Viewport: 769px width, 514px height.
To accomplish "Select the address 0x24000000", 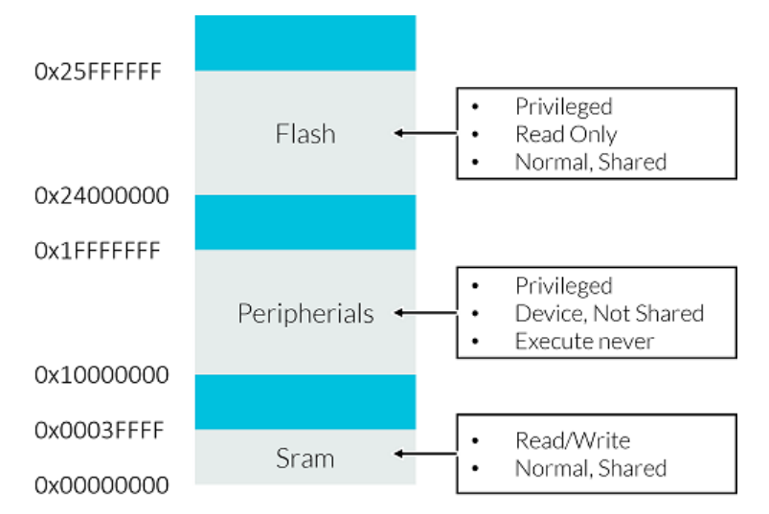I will [102, 196].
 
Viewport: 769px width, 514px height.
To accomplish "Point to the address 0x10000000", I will [102, 374].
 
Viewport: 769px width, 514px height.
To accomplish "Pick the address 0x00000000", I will [102, 485].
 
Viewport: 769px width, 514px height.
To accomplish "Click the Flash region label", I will [305, 133].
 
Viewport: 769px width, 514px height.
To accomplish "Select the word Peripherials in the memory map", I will [305, 313].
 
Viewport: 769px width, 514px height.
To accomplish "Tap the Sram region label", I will [305, 458].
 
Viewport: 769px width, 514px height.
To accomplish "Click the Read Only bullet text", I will [566, 134].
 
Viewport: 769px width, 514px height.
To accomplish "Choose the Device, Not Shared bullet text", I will [609, 313].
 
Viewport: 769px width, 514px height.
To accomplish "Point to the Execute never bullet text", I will [584, 341].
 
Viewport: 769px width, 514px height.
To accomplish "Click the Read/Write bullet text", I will [573, 440].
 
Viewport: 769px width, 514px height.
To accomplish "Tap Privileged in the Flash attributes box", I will [563, 106].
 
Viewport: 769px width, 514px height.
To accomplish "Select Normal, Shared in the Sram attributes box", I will [590, 468].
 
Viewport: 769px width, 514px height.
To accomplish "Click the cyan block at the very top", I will [305, 42].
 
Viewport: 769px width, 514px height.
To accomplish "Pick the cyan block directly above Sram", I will [305, 401].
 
